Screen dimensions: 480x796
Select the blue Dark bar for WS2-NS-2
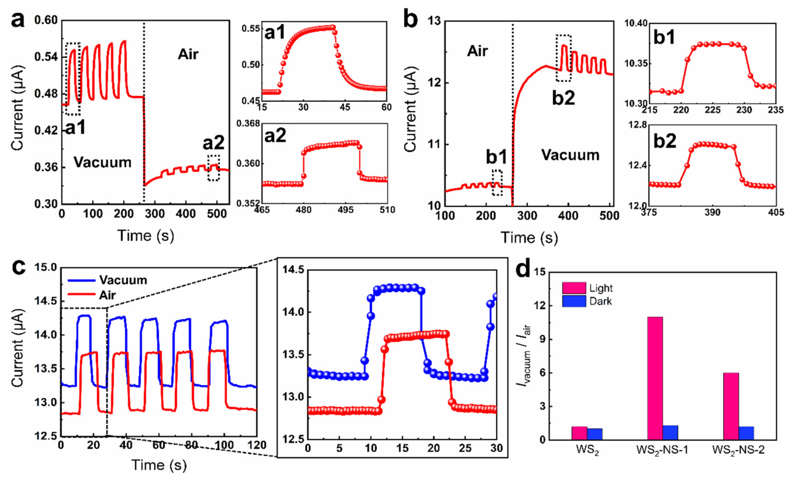pos(746,433)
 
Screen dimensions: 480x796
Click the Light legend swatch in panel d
pos(574,288)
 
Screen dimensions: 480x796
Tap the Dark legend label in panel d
pos(600,301)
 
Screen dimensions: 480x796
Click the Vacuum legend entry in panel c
pos(123,280)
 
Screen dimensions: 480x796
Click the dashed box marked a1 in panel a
pos(73,79)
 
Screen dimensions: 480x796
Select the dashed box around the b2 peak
pos(563,58)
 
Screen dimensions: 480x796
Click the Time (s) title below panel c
pos(159,465)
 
